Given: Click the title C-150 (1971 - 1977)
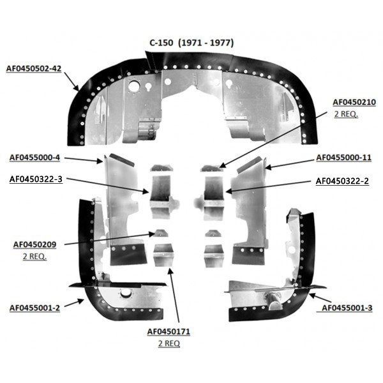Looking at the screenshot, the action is tap(191, 43).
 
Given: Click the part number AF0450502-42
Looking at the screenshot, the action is tap(34, 69).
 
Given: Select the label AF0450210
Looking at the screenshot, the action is tap(354, 102).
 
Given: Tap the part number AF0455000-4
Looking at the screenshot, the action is tap(34, 158).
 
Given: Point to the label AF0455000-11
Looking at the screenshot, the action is tap(343, 158).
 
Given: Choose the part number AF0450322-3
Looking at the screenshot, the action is tap(36, 179).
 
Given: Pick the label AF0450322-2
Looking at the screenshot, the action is tap(342, 181).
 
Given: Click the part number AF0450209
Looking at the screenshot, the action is tap(34, 244).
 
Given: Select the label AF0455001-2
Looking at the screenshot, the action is tap(34, 308).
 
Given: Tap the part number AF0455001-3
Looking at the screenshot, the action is tap(347, 308).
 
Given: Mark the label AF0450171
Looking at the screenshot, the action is tap(169, 332).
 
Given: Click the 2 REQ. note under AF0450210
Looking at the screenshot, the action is tap(346, 114).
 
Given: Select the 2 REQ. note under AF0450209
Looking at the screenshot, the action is tap(34, 257).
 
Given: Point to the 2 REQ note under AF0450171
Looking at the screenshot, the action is tap(169, 343).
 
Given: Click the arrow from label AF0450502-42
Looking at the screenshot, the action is tap(71, 81).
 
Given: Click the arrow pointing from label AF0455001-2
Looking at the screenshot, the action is tap(74, 303).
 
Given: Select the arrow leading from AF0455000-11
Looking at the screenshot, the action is tap(289, 164).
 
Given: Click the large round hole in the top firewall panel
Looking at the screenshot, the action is tap(133, 86).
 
